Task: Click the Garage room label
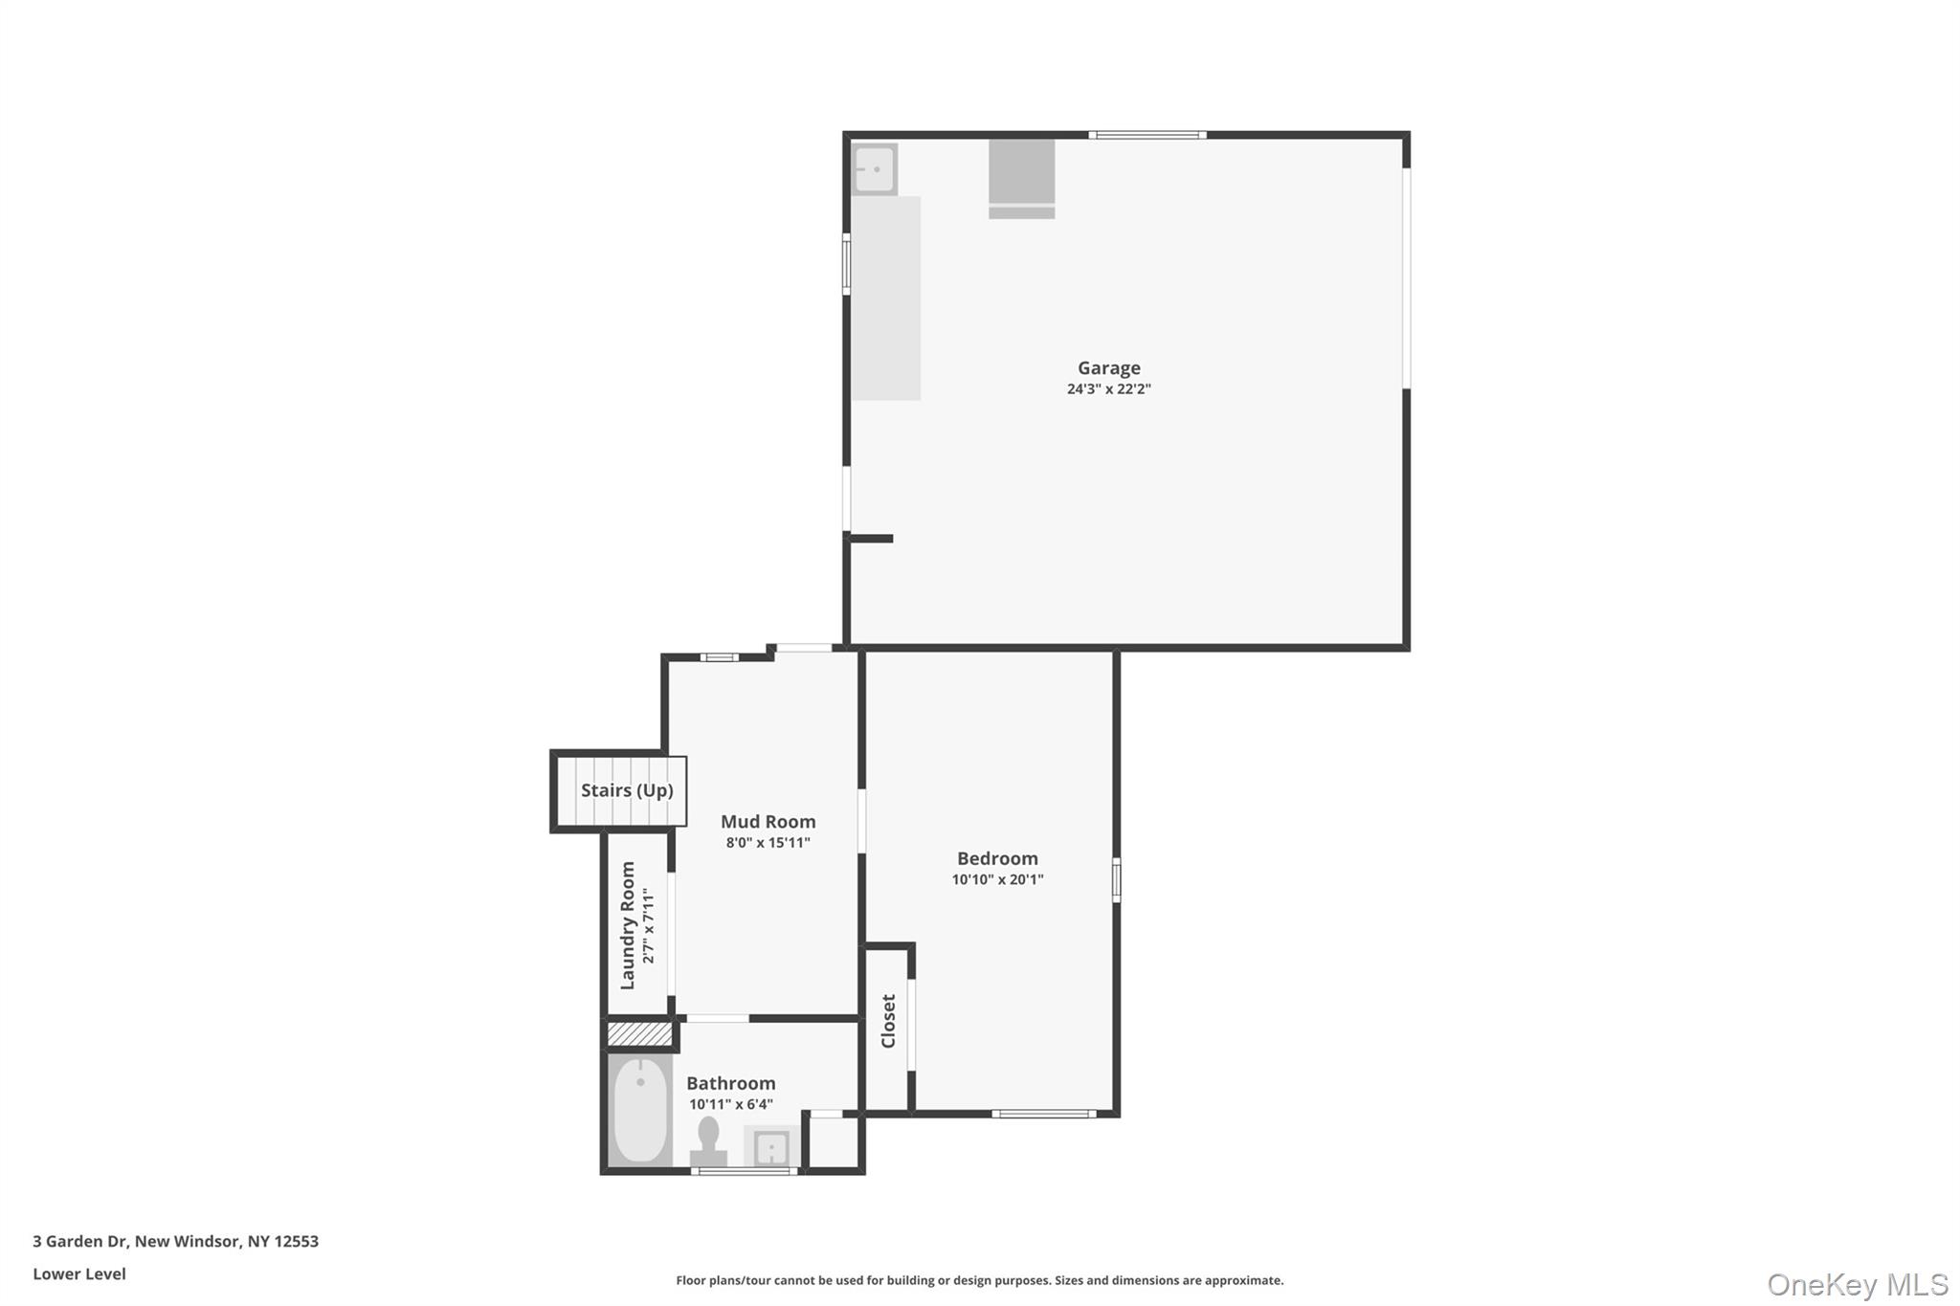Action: click(x=1108, y=367)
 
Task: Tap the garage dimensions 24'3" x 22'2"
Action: click(x=1108, y=389)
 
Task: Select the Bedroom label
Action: click(x=997, y=858)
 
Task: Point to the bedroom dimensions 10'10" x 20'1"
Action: click(x=997, y=880)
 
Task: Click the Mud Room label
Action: click(x=768, y=821)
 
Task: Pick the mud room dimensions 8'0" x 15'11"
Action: click(x=768, y=843)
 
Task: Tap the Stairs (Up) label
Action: click(x=627, y=790)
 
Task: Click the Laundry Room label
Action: click(x=628, y=925)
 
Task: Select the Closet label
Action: click(x=888, y=1021)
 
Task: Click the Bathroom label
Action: click(x=730, y=1083)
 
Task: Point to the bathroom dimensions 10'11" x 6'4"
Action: click(x=730, y=1105)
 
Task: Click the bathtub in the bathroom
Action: click(x=640, y=1110)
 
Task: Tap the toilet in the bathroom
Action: click(x=708, y=1141)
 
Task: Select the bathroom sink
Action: click(x=770, y=1146)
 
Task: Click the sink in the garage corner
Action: click(x=874, y=169)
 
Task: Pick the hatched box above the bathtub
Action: click(x=639, y=1034)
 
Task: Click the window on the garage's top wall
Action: click(x=1147, y=135)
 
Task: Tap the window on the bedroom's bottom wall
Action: click(x=1043, y=1114)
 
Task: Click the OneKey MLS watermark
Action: click(x=1857, y=1284)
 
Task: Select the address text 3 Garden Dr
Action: click(x=80, y=1241)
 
